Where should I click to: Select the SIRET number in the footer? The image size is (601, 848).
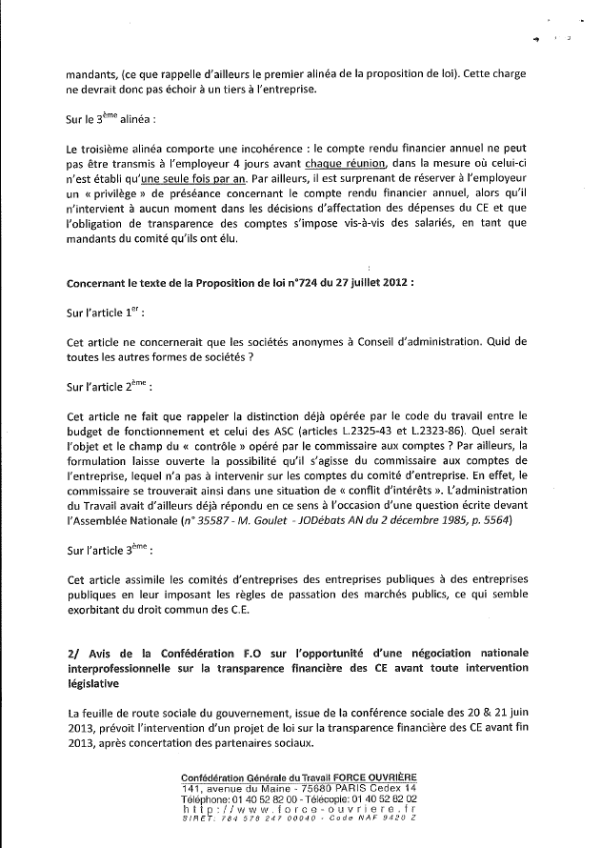point(286,816)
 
